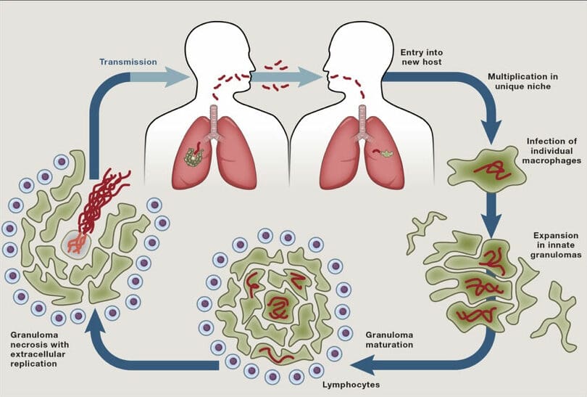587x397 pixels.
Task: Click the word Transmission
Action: [x=128, y=62]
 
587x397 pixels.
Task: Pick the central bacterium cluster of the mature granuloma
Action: [x=276, y=308]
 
